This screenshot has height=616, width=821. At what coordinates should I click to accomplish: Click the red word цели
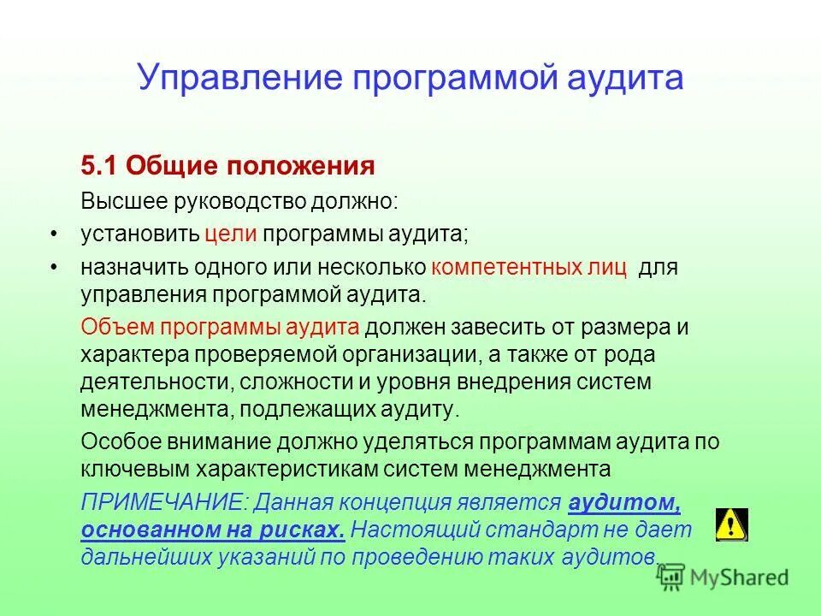(230, 234)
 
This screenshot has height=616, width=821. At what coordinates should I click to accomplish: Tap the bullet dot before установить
(53, 234)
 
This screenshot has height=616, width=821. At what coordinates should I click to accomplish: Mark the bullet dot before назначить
(53, 268)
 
